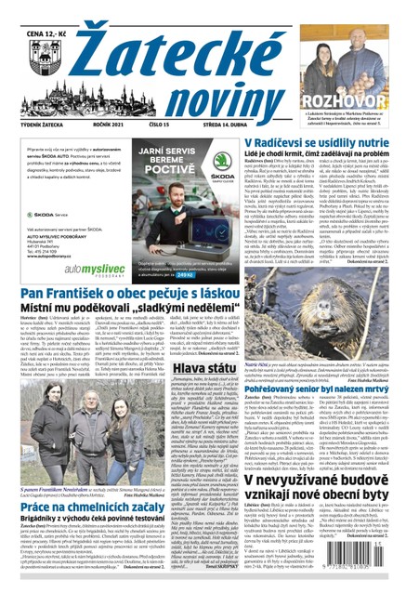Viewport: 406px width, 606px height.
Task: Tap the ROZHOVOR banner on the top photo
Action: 352,99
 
